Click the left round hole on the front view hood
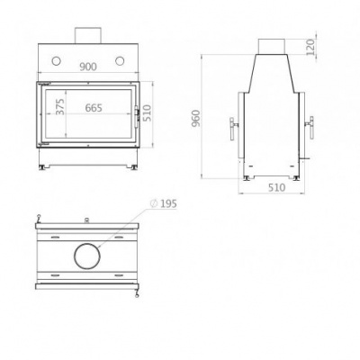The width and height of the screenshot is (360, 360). click(57, 61)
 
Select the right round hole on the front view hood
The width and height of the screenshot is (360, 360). click(121, 61)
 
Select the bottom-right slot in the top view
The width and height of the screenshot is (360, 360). click(120, 271)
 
